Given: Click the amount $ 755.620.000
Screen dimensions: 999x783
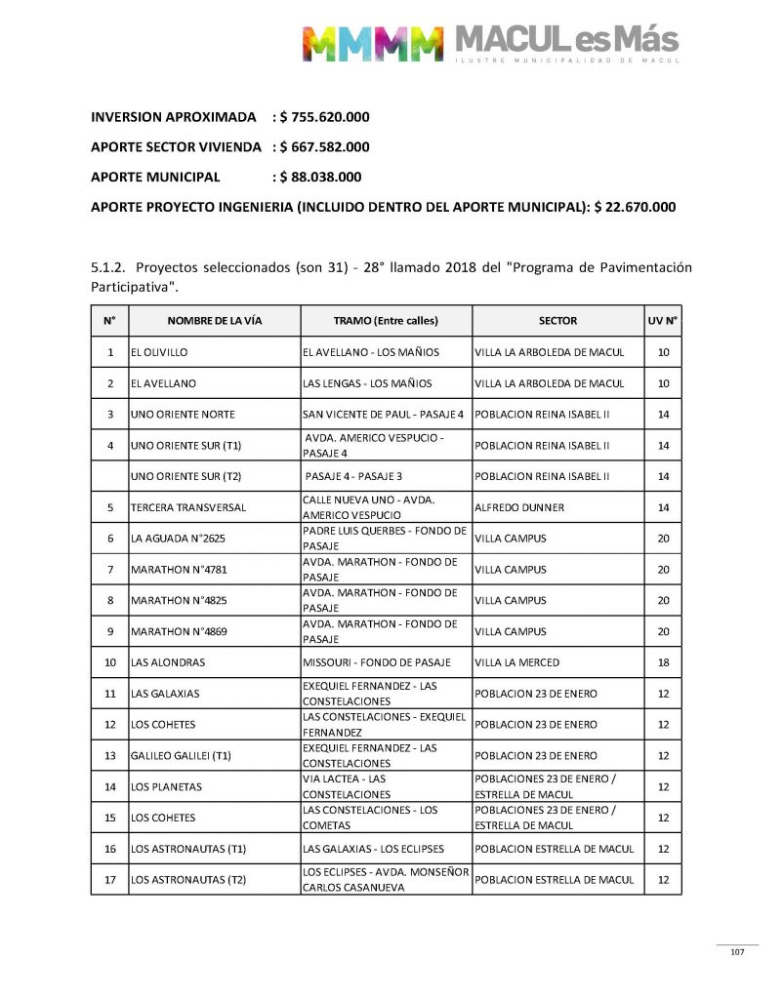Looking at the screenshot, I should (324, 117).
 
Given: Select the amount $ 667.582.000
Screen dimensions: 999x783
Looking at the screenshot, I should (324, 147).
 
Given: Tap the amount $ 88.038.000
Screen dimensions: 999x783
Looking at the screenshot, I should (320, 178).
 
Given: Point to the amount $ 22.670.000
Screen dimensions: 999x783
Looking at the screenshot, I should (636, 208).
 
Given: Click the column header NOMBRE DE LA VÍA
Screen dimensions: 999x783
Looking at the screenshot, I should (215, 321).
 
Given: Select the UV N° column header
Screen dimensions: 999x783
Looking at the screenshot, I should (663, 321).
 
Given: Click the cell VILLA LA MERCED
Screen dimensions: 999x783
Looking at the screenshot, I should (517, 662).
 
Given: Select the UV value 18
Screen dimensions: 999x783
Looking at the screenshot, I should (663, 662).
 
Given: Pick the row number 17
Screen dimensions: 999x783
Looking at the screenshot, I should (110, 880).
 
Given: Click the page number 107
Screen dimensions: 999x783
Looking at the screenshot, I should (737, 952).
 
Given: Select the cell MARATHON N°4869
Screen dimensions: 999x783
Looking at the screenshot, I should (179, 631).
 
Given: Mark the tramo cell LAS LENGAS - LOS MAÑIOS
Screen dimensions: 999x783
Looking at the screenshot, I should (367, 383).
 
